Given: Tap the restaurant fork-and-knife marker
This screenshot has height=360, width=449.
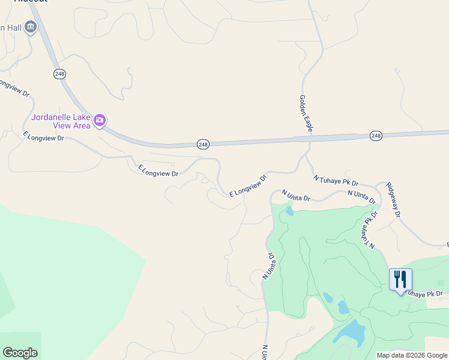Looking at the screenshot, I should [400, 280].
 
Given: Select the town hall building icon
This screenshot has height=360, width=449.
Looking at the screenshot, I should [30, 28].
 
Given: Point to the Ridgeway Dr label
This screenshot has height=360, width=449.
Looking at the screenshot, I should [393, 199].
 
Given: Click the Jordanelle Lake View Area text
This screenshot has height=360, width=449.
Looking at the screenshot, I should [61, 121].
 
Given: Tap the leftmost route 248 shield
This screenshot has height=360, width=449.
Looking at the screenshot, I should [59, 73].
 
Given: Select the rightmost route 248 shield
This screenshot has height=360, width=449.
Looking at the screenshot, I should [376, 136].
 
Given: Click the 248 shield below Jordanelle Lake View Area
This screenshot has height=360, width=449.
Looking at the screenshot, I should [203, 145].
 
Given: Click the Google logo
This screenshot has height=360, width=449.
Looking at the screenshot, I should [20, 353].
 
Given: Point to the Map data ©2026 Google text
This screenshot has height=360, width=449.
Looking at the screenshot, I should [411, 355].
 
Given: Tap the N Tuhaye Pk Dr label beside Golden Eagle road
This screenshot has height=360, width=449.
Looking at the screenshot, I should [336, 179].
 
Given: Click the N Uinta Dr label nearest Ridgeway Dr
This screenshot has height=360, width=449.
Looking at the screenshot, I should [361, 197].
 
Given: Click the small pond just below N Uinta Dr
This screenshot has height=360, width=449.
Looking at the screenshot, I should [289, 211].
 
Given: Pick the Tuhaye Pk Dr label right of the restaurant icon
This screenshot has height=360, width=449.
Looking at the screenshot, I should [425, 294].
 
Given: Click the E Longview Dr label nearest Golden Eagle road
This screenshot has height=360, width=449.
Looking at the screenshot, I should [247, 186].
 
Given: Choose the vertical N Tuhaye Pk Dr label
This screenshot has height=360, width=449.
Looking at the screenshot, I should [369, 229].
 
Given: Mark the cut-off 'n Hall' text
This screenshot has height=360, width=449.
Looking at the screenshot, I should [10, 28].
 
